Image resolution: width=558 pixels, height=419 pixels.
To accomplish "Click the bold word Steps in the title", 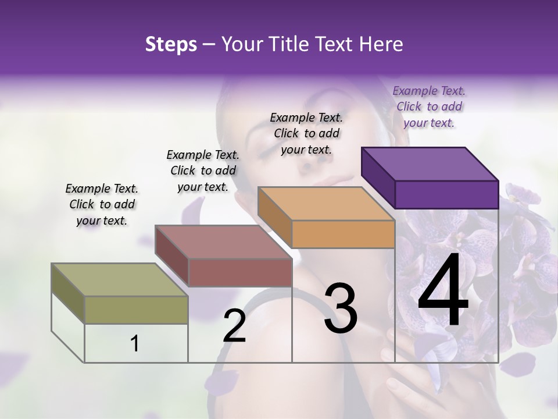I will point(170,45).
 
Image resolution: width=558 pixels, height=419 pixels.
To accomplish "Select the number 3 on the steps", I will point(341,308).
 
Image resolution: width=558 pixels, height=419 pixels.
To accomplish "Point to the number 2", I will point(234,326).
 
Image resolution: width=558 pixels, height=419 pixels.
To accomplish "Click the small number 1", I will point(135,344).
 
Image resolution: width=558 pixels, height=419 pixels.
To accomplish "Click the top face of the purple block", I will point(430,164).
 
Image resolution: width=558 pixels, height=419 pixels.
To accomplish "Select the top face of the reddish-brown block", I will point(224,242).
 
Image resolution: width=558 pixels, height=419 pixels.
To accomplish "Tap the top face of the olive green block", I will point(120,280).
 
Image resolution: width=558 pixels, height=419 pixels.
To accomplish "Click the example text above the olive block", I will point(102,204).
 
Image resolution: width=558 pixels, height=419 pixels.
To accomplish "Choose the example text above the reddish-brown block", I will point(203,171).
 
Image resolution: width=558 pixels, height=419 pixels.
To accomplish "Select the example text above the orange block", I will point(306,133).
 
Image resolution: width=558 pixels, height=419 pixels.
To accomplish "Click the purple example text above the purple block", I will point(429,106).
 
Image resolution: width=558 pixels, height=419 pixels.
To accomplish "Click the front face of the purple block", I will point(446,194).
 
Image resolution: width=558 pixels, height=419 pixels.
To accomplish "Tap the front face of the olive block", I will point(136,310).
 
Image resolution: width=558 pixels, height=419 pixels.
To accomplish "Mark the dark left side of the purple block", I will point(378,177).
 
